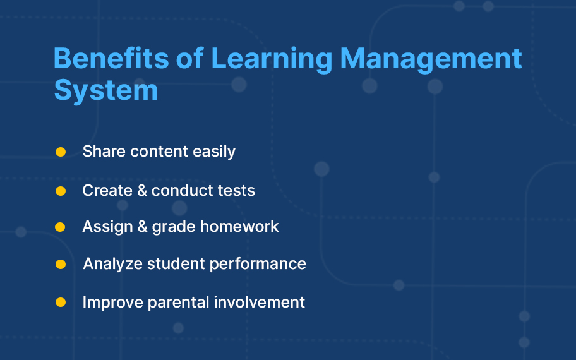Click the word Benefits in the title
(111, 58)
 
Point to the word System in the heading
(106, 90)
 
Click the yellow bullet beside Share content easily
(61, 152)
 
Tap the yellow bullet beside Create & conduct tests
(61, 191)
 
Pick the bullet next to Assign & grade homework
(60, 227)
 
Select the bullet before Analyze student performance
(61, 264)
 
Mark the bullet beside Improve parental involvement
(61, 303)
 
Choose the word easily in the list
(214, 152)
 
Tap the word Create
(107, 191)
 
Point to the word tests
(236, 191)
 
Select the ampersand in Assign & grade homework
(143, 227)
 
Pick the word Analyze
(113, 264)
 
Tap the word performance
(258, 265)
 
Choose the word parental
(179, 303)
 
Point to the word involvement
(260, 303)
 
